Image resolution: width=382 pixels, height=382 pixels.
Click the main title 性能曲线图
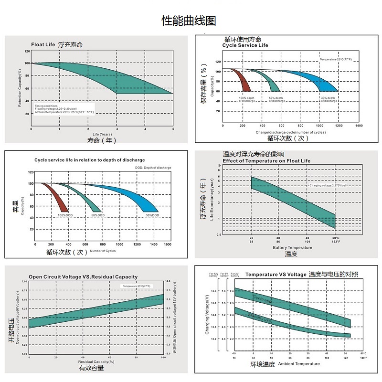coord(189,21)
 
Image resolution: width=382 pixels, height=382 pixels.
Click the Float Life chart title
coord(43,44)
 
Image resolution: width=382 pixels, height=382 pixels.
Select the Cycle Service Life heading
coord(245,45)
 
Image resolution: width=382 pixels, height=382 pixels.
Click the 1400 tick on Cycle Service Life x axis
coord(359,125)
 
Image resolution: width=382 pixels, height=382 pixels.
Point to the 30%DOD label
coord(153,216)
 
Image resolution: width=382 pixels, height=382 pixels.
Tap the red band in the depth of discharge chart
coord(60,198)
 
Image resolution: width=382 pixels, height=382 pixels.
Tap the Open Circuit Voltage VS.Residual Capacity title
coord(83,277)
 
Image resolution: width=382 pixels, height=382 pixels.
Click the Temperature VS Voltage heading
coord(276,275)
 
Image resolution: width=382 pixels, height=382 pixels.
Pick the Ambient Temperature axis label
coord(299,364)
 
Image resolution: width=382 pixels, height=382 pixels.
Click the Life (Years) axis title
coord(102,134)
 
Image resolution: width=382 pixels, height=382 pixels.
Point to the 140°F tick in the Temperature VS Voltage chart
coord(363,357)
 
